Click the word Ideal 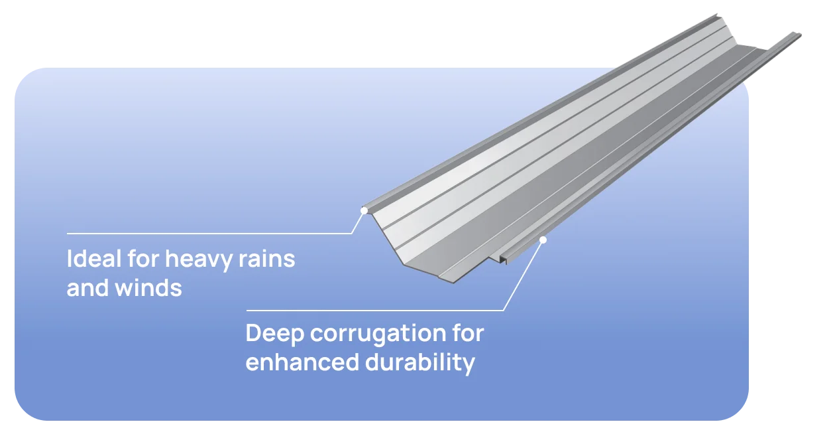click(94, 258)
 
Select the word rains click(267, 258)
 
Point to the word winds click(148, 287)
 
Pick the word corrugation click(378, 334)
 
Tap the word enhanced click(302, 362)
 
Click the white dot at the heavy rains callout click(364, 210)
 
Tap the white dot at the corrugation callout click(543, 240)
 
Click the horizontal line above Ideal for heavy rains click(209, 234)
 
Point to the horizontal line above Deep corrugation click(374, 311)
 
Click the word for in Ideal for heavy click(143, 258)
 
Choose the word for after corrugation click(468, 332)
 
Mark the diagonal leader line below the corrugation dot click(523, 276)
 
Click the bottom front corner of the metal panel click(453, 282)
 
